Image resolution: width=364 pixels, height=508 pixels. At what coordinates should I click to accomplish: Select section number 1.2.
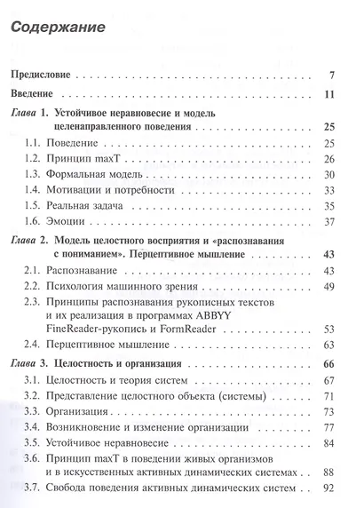(x=37, y=159)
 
